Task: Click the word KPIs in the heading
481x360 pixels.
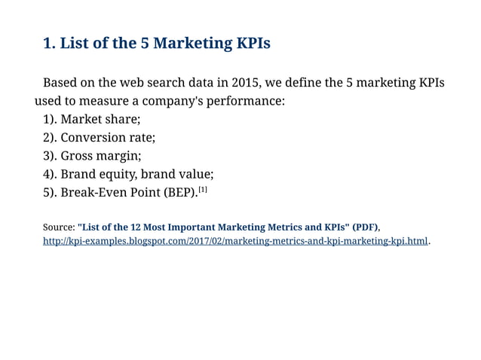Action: click(x=251, y=44)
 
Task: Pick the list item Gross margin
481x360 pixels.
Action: click(x=100, y=156)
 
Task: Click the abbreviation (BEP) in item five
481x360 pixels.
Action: click(x=179, y=193)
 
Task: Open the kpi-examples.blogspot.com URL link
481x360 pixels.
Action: click(x=235, y=242)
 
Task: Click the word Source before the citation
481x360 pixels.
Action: click(x=58, y=227)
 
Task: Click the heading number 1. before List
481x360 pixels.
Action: click(x=49, y=44)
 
